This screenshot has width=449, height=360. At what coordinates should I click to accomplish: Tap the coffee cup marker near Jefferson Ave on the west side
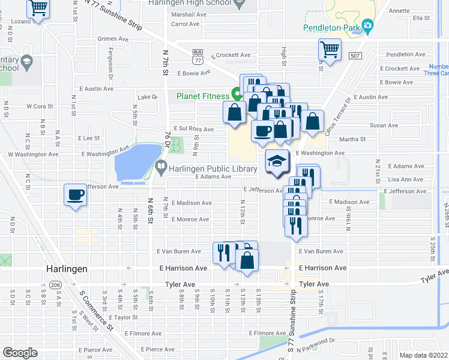pos(76,195)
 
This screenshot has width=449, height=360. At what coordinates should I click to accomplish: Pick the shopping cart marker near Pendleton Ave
pos(330,50)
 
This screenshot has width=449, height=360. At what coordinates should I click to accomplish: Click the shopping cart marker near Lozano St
pos(38,8)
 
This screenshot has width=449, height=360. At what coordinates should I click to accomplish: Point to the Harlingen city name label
pos(67,269)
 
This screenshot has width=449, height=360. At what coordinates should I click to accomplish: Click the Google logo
pos(20,353)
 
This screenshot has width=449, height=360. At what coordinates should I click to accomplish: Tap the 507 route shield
pos(354,55)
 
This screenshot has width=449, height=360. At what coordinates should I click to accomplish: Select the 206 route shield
pos(56,284)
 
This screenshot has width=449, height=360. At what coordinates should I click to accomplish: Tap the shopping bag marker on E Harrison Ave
pos(247,260)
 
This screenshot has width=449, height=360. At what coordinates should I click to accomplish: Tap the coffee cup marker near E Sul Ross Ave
pos(262,131)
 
